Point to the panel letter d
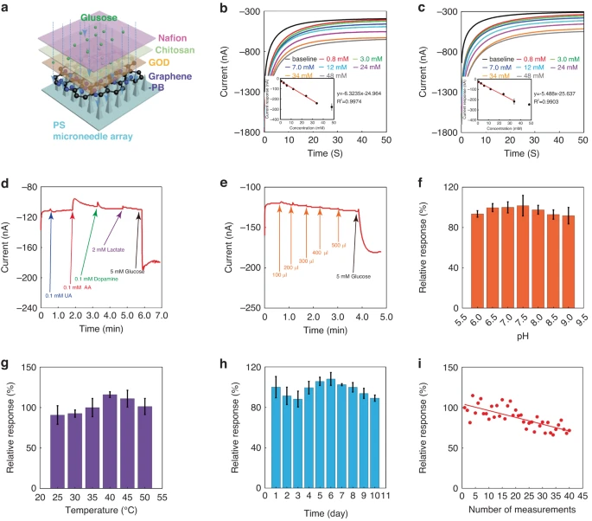(5, 184)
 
